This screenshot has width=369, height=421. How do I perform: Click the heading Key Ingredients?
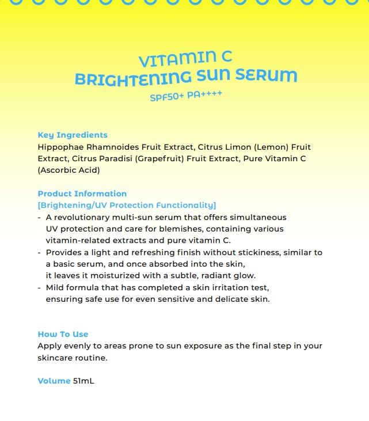pyautogui.click(x=73, y=135)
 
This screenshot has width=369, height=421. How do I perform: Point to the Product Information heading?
pyautogui.click(x=82, y=194)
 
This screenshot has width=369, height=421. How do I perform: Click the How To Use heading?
pyautogui.click(x=63, y=334)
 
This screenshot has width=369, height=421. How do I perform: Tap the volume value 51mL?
pyautogui.click(x=83, y=381)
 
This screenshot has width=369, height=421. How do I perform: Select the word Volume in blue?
pyautogui.click(x=54, y=381)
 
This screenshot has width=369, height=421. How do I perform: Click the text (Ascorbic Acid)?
pyautogui.click(x=69, y=170)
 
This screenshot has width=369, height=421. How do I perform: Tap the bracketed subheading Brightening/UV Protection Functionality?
pyautogui.click(x=127, y=205)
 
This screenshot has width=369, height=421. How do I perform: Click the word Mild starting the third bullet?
pyautogui.click(x=56, y=287)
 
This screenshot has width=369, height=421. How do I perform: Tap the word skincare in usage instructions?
pyautogui.click(x=56, y=358)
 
